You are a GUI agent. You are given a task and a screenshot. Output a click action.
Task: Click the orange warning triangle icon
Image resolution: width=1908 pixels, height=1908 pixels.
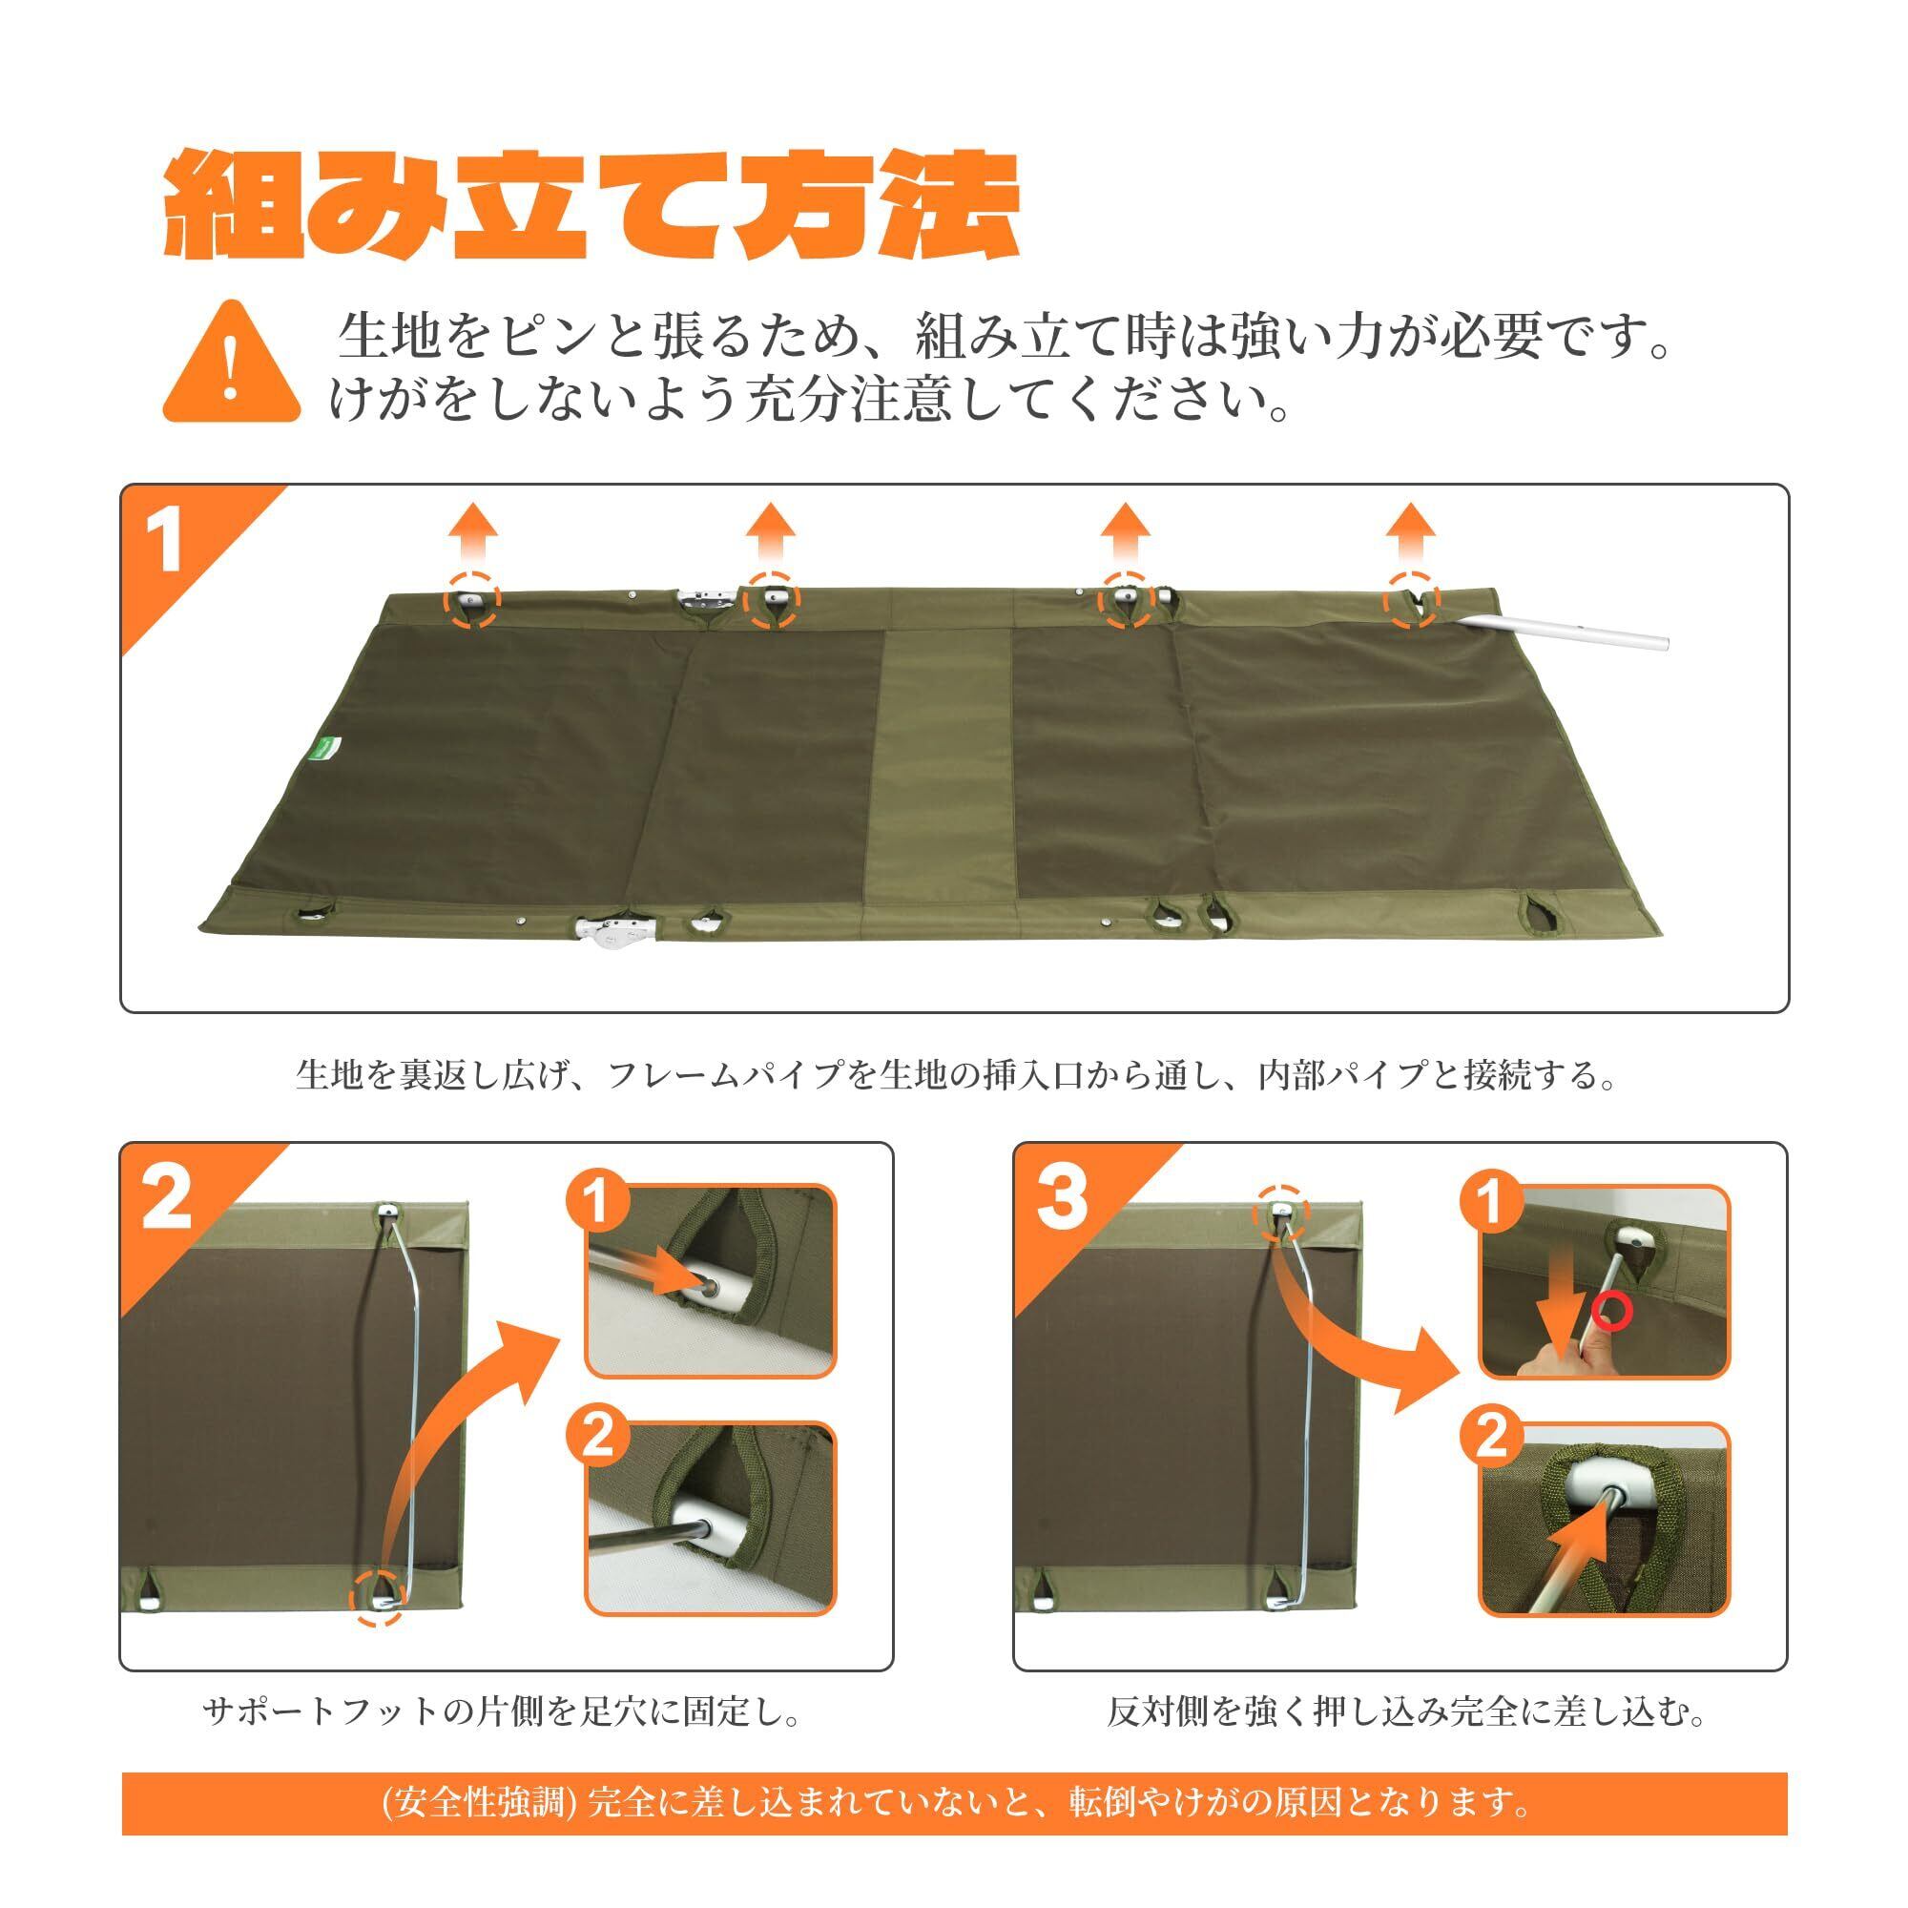click(231, 363)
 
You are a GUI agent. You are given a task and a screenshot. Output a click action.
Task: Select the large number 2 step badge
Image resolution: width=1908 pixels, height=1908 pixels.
click(168, 1200)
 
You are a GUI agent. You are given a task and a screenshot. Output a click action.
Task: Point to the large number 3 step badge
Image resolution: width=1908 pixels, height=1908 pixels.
click(1062, 1200)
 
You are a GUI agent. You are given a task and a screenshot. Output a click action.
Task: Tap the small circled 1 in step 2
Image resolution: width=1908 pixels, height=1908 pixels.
click(596, 1204)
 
